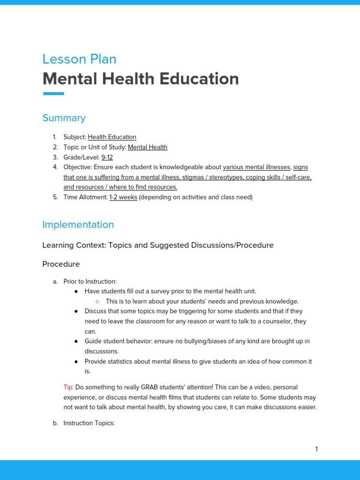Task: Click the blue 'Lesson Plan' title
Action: coord(79,59)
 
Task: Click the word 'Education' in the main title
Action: coord(199,79)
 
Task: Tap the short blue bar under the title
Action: coord(53,94)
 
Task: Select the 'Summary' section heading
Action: coord(64,118)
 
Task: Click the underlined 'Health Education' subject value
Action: coord(112,137)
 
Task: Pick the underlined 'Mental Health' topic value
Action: coord(148,147)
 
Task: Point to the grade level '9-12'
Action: coord(107,157)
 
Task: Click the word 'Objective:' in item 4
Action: coord(78,167)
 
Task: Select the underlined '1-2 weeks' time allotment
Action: coord(123,197)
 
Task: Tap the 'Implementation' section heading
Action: coord(78,225)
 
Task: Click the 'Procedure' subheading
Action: coord(61,264)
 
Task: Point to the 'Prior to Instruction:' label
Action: coord(90,281)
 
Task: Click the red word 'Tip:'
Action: coord(68,387)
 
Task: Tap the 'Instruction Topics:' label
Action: coord(89,423)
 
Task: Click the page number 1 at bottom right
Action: coord(316,449)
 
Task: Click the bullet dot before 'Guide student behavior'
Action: coord(76,342)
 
